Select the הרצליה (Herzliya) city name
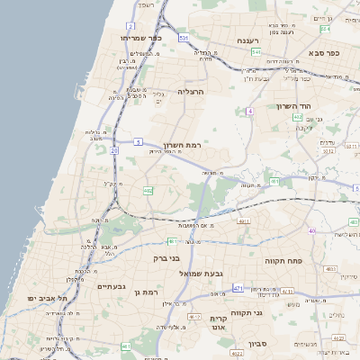pyautogui.click(x=192, y=92)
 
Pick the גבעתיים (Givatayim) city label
pyautogui.click(x=114, y=287)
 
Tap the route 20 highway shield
pyautogui.click(x=114, y=151)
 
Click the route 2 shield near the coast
pyautogui.click(x=130, y=27)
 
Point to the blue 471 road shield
pyautogui.click(x=238, y=288)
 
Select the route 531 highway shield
pyautogui.click(x=184, y=38)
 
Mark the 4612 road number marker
pyautogui.click(x=194, y=318)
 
